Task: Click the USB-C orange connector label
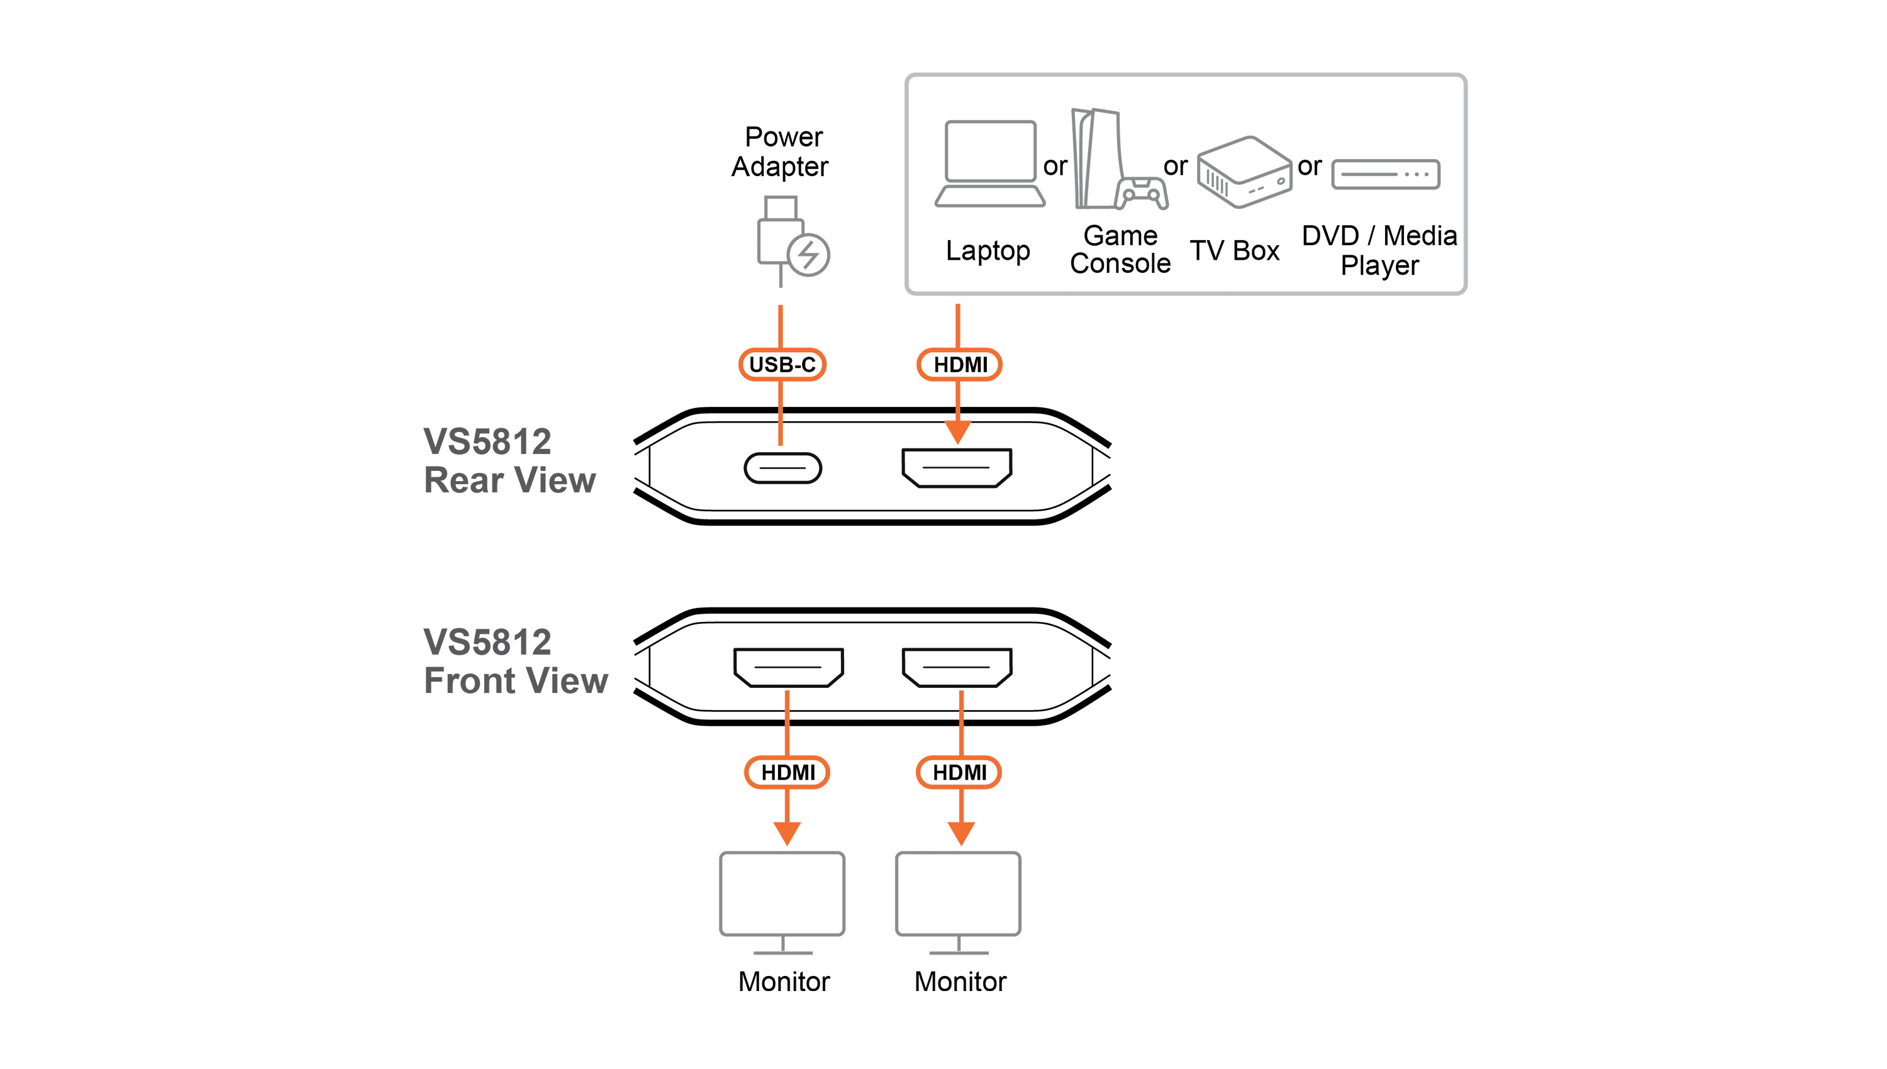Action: pos(781,364)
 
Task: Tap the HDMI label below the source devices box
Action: pos(959,364)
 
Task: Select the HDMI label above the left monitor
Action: pos(787,772)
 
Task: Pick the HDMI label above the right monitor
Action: pos(959,772)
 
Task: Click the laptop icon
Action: pos(990,163)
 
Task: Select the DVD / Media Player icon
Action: pos(1386,174)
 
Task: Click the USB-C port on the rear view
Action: pos(782,468)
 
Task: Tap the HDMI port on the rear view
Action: pos(957,468)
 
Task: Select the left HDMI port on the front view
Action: pos(789,667)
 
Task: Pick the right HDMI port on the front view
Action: pos(957,667)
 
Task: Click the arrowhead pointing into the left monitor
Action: pos(787,833)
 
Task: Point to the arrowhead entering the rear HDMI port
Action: pos(957,433)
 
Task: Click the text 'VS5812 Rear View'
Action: pos(509,461)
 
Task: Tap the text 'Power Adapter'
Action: pos(781,152)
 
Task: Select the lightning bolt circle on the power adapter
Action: pos(808,255)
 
